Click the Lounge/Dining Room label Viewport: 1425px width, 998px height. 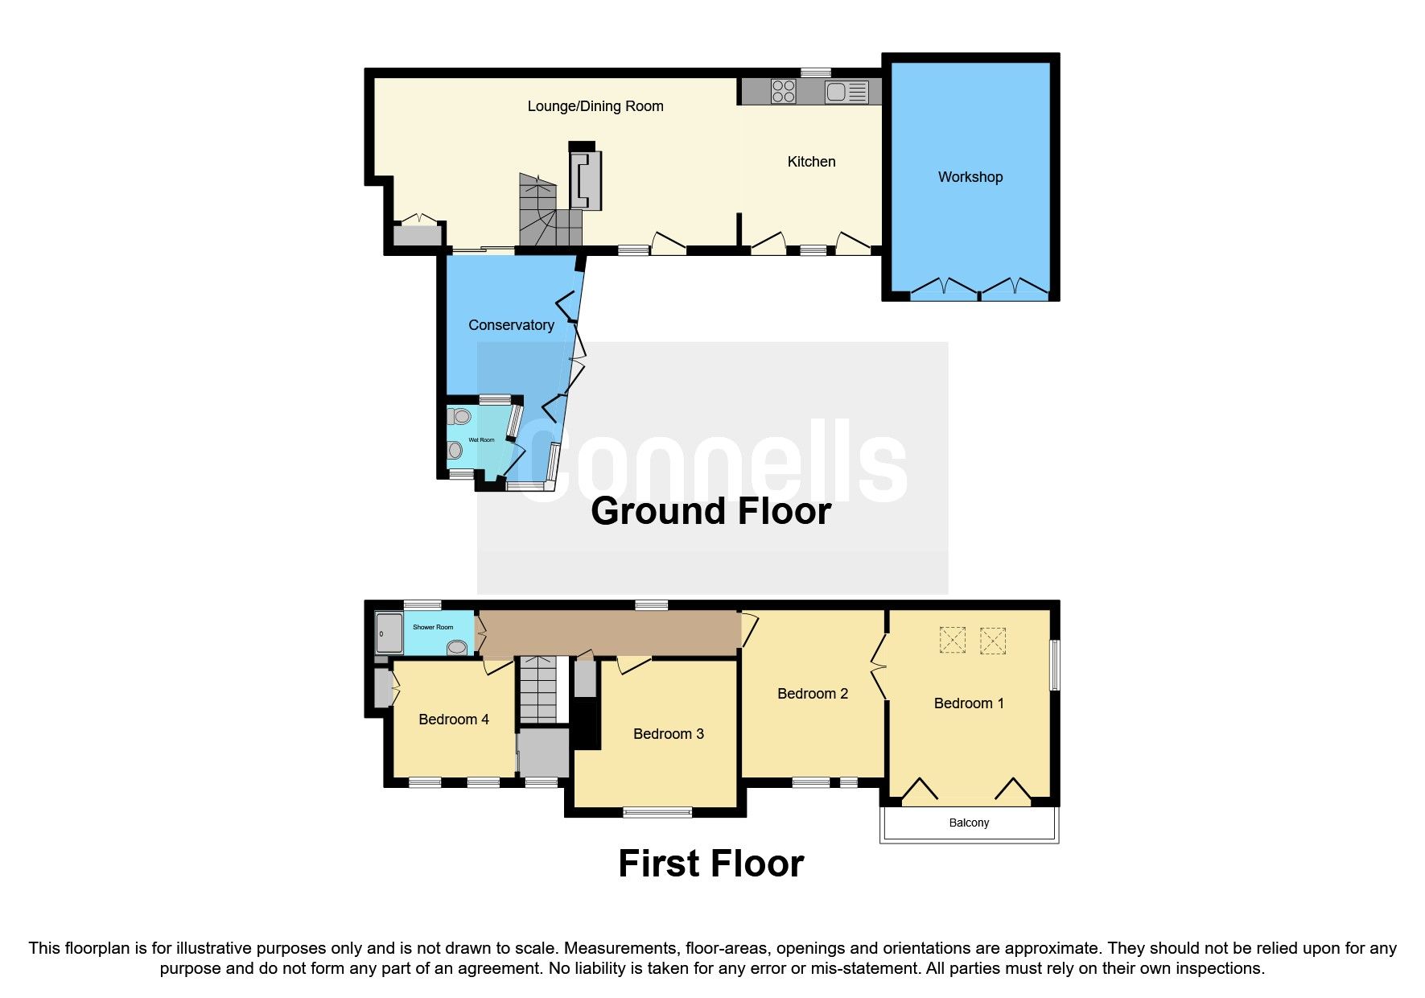(x=595, y=106)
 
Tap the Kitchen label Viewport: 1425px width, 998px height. (x=811, y=162)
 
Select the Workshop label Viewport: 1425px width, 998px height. (x=970, y=177)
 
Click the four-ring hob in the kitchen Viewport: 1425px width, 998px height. (x=783, y=92)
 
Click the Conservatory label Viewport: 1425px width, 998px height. (x=511, y=325)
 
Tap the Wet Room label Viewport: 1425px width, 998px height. (x=481, y=440)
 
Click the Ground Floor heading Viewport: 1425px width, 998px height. (x=710, y=512)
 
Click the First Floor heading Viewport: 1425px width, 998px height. (x=710, y=864)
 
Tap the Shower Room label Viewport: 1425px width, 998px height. (x=433, y=627)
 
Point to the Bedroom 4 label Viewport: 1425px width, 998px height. (x=454, y=720)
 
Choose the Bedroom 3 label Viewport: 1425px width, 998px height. (x=668, y=734)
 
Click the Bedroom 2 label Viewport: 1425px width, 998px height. (x=812, y=694)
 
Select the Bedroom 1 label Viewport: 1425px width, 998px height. (x=969, y=703)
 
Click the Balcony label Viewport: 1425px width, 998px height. (x=969, y=823)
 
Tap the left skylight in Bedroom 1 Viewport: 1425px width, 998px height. (x=953, y=641)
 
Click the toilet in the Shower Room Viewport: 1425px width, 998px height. (x=457, y=646)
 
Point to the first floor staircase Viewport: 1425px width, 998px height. (x=537, y=690)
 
